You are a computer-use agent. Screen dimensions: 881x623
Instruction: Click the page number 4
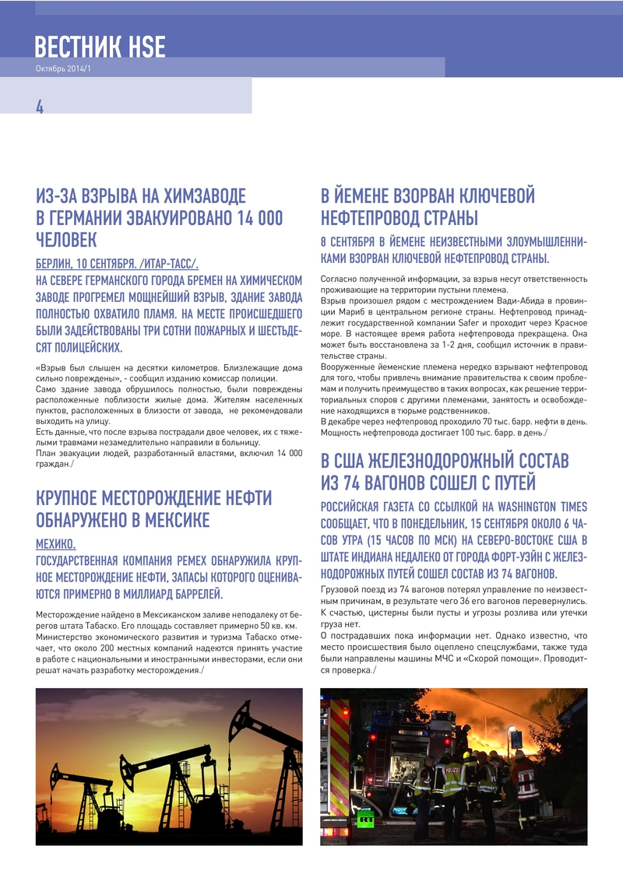click(x=40, y=107)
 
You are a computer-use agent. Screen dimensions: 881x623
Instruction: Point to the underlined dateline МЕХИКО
click(x=56, y=543)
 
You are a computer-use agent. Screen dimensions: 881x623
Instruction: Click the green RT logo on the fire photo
click(x=364, y=818)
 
